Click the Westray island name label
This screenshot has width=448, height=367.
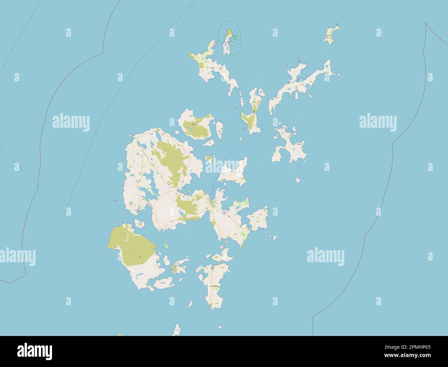click(x=212, y=68)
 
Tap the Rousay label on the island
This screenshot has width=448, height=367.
click(x=193, y=124)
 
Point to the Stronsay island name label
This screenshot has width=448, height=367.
click(x=299, y=144)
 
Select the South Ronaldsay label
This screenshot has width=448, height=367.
click(x=214, y=286)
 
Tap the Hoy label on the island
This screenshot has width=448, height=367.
click(x=140, y=257)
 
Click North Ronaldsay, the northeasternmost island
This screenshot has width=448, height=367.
click(x=332, y=34)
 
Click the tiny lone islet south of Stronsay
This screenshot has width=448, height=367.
click(x=298, y=180)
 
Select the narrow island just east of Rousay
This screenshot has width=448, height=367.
click(x=220, y=130)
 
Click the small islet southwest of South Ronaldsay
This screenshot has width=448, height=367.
click(x=190, y=304)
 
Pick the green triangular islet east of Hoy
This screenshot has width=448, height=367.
click(x=166, y=246)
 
